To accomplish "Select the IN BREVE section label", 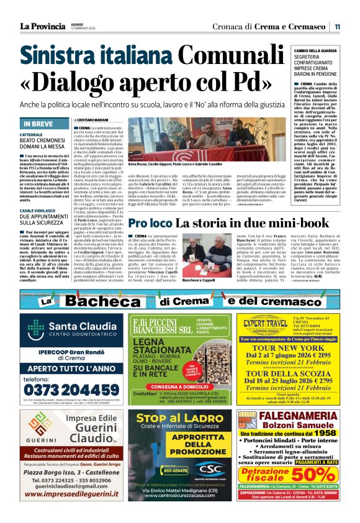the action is pyautogui.click(x=38, y=124).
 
